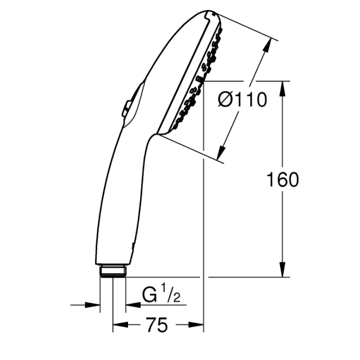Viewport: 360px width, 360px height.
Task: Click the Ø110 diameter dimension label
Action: [243, 100]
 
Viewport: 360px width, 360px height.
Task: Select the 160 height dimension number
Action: [283, 180]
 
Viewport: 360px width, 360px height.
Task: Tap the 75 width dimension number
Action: [157, 325]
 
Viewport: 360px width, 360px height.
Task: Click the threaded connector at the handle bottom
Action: [113, 271]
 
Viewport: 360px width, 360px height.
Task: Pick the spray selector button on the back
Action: [127, 108]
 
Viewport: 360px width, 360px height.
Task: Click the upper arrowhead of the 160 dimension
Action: [283, 89]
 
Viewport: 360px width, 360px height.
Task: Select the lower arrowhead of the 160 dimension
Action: [283, 269]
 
